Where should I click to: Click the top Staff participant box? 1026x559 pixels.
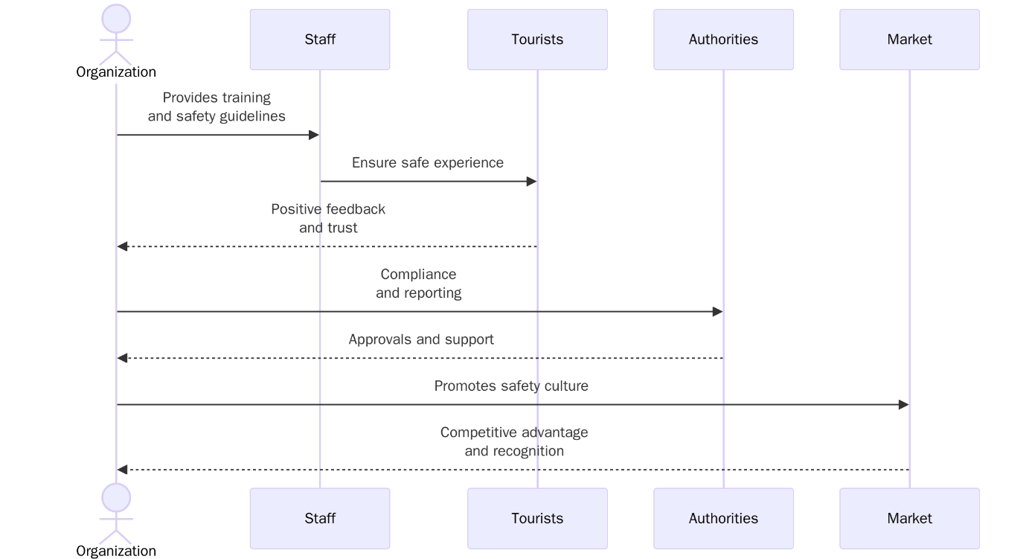pos(320,39)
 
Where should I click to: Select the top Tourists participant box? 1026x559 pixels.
pos(537,39)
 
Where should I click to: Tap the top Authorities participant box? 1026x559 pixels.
pos(723,39)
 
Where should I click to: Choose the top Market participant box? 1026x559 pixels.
pos(909,39)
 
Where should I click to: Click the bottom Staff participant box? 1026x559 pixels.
pos(320,518)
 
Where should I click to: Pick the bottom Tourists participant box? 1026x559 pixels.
pos(537,518)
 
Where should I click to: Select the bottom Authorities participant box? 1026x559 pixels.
pos(723,518)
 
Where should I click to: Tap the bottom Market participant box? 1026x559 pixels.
pos(909,518)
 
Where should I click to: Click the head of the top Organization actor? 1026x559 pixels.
pos(116,19)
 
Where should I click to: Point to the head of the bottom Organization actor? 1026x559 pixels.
pos(116,497)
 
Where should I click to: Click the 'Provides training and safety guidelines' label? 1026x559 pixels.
pos(217,107)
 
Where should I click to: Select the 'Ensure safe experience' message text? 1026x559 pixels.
pos(428,163)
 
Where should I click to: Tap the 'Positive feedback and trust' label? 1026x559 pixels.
pos(328,219)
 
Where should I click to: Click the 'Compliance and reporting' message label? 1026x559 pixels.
pos(418,284)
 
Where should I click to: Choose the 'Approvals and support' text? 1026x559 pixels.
pos(421,339)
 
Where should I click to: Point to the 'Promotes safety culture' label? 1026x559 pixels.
pos(511,386)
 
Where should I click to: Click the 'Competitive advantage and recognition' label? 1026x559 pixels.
pos(514,442)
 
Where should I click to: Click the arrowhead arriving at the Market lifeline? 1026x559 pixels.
pos(903,405)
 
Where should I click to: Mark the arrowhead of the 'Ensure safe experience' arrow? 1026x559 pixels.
pos(531,182)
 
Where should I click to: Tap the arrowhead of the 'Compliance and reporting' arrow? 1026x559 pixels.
pos(717,312)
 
